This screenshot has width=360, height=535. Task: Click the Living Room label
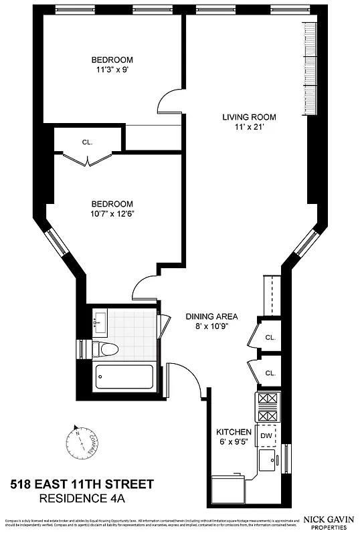(249, 117)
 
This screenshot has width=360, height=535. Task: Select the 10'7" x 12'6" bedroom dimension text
(112, 214)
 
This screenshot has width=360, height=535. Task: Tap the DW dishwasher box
(266, 435)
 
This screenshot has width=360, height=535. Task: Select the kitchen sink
(268, 461)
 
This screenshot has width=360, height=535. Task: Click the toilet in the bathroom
(104, 349)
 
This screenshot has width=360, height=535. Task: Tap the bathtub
(125, 379)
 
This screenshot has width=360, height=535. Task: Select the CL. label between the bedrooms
(87, 142)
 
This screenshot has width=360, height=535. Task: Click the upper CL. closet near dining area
(270, 338)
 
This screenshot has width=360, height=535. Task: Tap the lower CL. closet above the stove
(270, 372)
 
